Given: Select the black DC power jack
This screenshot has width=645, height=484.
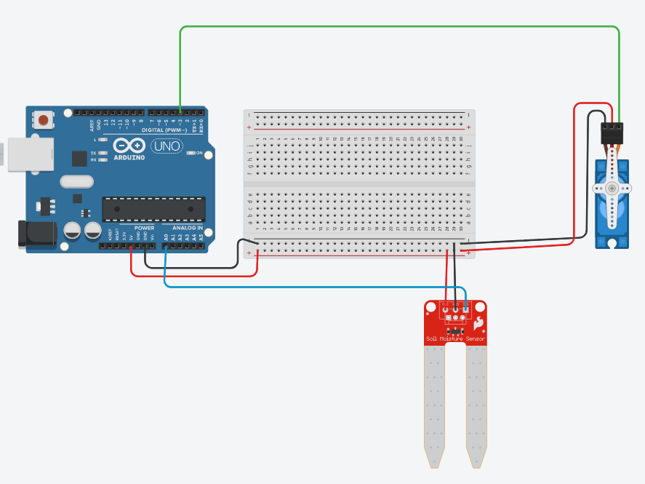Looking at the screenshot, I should (x=36, y=235).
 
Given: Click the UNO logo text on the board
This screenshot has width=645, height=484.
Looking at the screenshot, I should (x=167, y=146).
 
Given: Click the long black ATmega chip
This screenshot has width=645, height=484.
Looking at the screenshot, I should (x=151, y=208).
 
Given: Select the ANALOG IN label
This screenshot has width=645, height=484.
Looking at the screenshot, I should (x=187, y=228).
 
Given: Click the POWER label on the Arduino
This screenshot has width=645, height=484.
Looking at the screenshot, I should (x=144, y=228).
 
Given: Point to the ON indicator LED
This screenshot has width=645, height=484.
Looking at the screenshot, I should (x=191, y=153).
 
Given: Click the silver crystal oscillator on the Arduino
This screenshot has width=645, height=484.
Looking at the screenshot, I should (x=77, y=181).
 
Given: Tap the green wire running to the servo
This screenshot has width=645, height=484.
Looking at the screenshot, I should (x=400, y=27).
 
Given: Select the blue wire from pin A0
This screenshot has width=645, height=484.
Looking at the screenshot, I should (x=291, y=286).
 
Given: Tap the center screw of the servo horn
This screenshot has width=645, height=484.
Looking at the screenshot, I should (x=612, y=189).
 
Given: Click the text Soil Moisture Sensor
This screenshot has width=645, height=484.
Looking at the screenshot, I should (x=455, y=339).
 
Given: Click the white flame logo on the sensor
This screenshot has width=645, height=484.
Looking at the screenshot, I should (x=479, y=323).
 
